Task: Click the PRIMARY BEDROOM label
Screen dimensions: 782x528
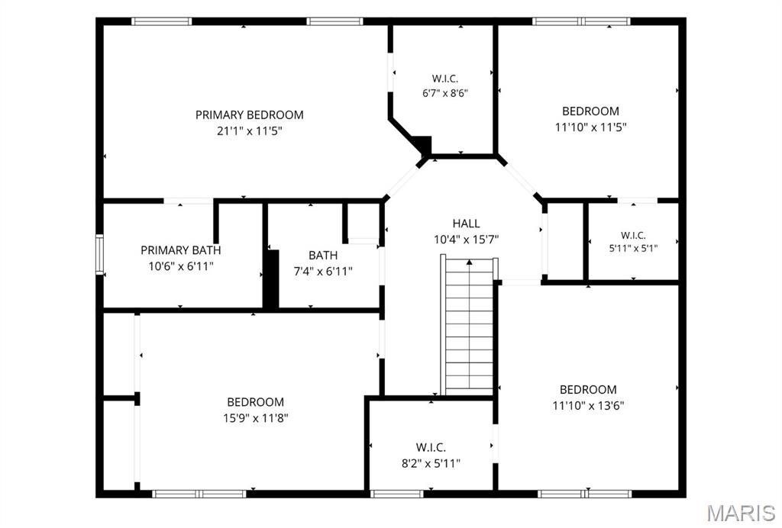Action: pyautogui.click(x=250, y=115)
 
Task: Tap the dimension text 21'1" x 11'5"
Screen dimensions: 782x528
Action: pyautogui.click(x=250, y=131)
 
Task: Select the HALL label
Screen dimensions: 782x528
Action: pyautogui.click(x=467, y=224)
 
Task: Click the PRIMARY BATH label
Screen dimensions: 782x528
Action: pyautogui.click(x=180, y=250)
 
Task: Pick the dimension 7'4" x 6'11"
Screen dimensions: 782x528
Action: pyautogui.click(x=323, y=272)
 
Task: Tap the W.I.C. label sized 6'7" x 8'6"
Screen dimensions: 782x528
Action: pyautogui.click(x=445, y=79)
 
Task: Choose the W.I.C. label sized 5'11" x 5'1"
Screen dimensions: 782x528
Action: pyautogui.click(x=633, y=235)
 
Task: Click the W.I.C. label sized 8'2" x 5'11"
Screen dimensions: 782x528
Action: pyautogui.click(x=431, y=447)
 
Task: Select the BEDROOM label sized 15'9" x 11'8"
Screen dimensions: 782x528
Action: pyautogui.click(x=255, y=402)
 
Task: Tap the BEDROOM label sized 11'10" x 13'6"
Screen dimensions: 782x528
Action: pyautogui.click(x=588, y=390)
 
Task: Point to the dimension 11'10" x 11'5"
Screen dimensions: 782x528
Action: pyautogui.click(x=590, y=127)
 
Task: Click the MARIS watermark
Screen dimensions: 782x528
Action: pyautogui.click(x=740, y=513)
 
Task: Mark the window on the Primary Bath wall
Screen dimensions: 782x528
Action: pyautogui.click(x=100, y=255)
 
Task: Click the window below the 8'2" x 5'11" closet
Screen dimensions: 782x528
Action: pyautogui.click(x=397, y=494)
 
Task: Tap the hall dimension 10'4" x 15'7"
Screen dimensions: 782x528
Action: pyautogui.click(x=467, y=240)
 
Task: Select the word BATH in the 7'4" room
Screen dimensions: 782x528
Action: pyautogui.click(x=323, y=256)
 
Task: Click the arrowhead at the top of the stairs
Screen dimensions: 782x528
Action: pyautogui.click(x=469, y=262)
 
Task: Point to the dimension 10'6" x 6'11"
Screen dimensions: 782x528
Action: pyautogui.click(x=180, y=266)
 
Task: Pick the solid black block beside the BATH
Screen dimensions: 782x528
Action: pyautogui.click(x=271, y=279)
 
